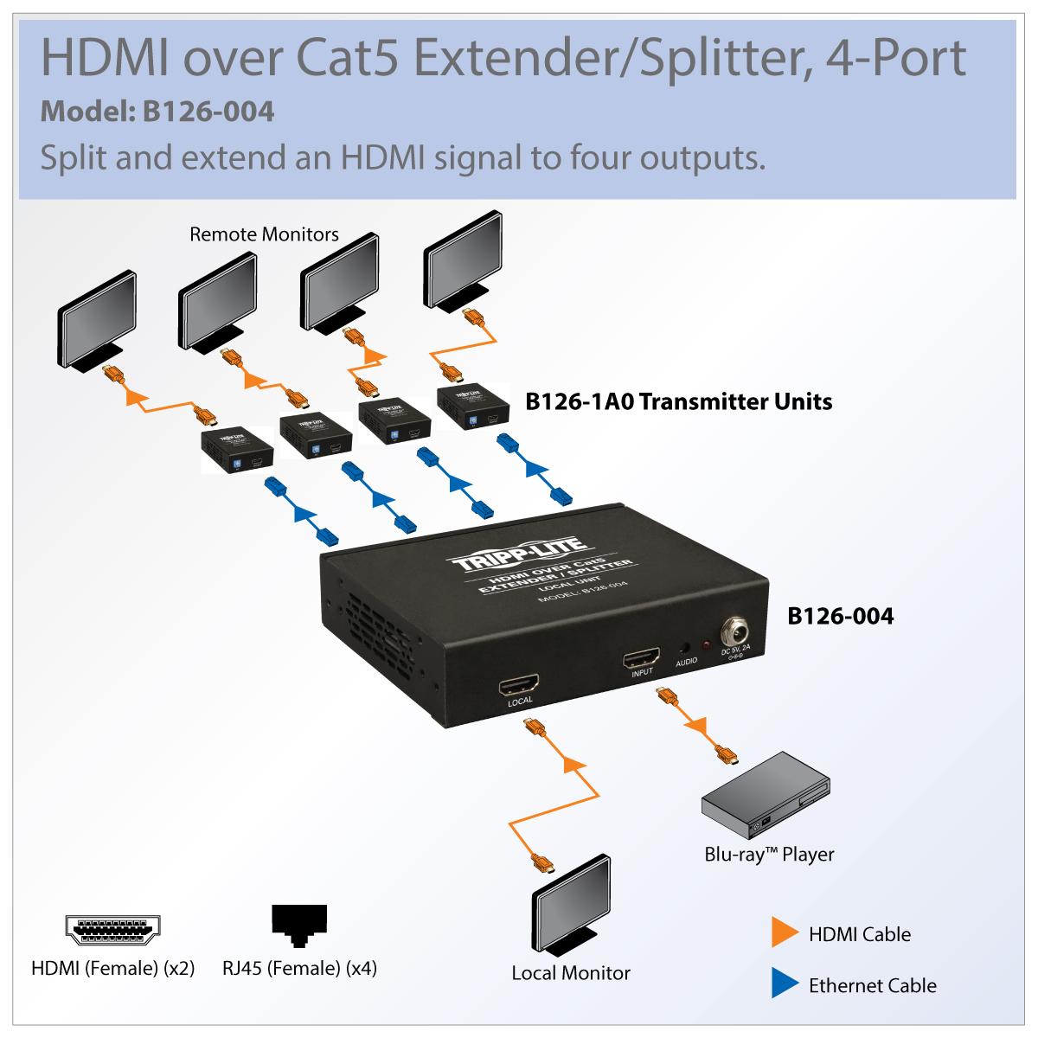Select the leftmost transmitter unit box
pyautogui.click(x=237, y=451)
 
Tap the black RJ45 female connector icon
pyautogui.click(x=299, y=926)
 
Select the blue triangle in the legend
pyautogui.click(x=785, y=984)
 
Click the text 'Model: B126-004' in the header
pyautogui.click(x=158, y=112)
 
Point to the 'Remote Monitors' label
pyautogui.click(x=264, y=234)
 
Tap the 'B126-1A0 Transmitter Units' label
pyautogui.click(x=679, y=400)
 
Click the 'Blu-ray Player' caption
pyautogui.click(x=769, y=855)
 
